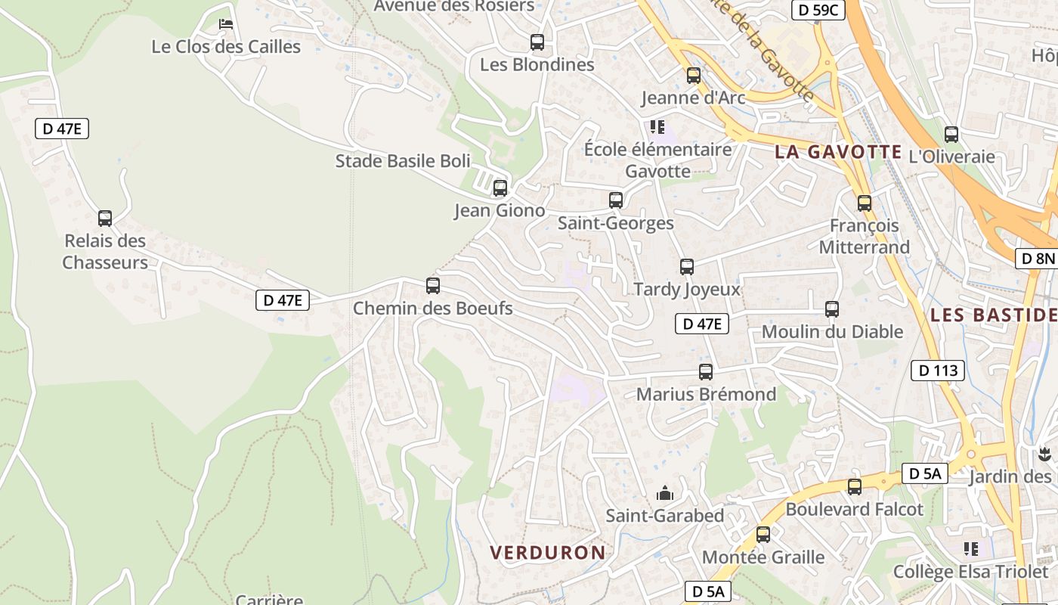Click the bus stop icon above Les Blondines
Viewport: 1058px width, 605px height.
click(537, 42)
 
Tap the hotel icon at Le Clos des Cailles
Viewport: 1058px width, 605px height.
click(226, 24)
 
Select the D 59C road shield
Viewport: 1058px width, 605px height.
click(818, 10)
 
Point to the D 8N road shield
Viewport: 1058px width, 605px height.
click(1037, 259)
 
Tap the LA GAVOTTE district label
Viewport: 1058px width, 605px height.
click(838, 152)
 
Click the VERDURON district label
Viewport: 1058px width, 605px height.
click(548, 553)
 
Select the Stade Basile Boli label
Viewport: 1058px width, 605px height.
click(403, 161)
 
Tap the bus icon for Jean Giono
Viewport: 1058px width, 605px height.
click(500, 188)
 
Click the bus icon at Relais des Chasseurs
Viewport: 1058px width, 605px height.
click(105, 219)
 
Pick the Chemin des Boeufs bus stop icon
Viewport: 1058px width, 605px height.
click(433, 286)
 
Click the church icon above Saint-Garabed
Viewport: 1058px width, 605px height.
click(665, 494)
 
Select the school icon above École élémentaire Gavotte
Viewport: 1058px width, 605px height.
click(657, 127)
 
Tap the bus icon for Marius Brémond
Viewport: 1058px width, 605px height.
click(706, 372)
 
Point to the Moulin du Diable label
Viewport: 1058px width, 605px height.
click(832, 332)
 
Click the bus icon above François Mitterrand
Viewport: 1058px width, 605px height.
click(865, 203)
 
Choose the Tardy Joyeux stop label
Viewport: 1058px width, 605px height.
click(687, 290)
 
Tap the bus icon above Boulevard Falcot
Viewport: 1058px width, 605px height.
click(855, 487)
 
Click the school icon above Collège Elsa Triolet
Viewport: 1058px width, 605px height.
click(971, 549)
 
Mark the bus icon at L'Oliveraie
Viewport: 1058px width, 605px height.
click(951, 135)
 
